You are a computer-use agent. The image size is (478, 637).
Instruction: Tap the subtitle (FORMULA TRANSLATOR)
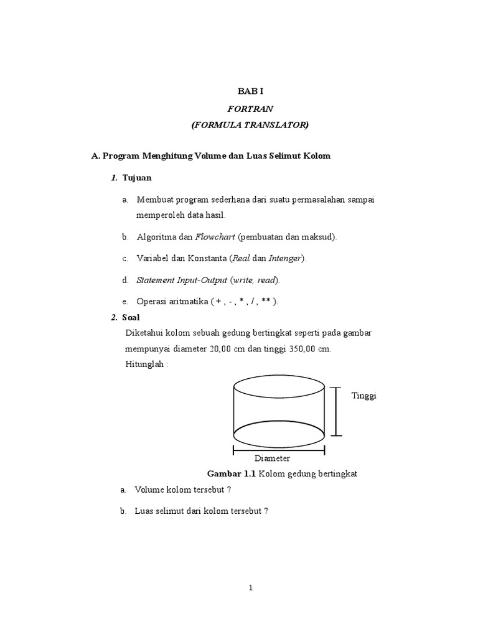[250, 125]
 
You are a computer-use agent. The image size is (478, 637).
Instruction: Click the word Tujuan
[137, 178]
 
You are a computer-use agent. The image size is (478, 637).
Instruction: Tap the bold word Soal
[131, 317]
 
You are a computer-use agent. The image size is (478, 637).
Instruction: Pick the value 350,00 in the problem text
[303, 349]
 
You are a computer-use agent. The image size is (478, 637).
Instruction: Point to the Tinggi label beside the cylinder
[364, 396]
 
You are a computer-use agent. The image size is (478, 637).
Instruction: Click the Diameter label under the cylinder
[272, 458]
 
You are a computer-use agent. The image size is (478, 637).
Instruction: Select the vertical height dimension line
[336, 411]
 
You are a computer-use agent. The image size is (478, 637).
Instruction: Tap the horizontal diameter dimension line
[279, 449]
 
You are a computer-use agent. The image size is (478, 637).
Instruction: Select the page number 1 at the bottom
[250, 588]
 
